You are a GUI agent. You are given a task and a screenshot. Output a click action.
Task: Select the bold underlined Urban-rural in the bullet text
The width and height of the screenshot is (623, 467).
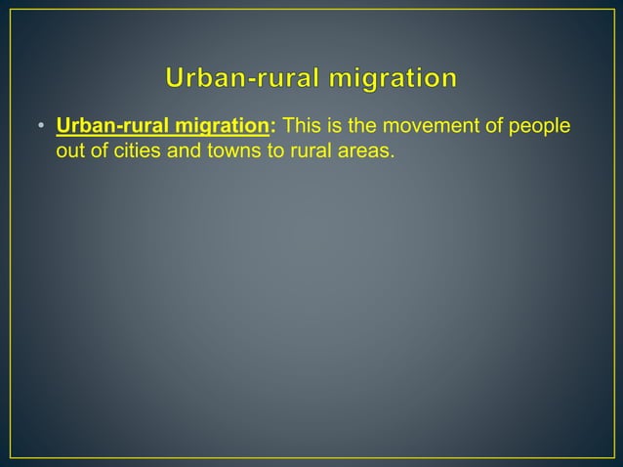pos(109,128)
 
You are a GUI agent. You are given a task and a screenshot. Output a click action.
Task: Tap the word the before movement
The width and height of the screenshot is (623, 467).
pos(355,128)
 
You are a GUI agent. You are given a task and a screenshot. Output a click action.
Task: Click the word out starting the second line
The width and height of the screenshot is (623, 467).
pos(70,151)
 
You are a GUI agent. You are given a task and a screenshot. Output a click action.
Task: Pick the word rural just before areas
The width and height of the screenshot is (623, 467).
pos(306,151)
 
